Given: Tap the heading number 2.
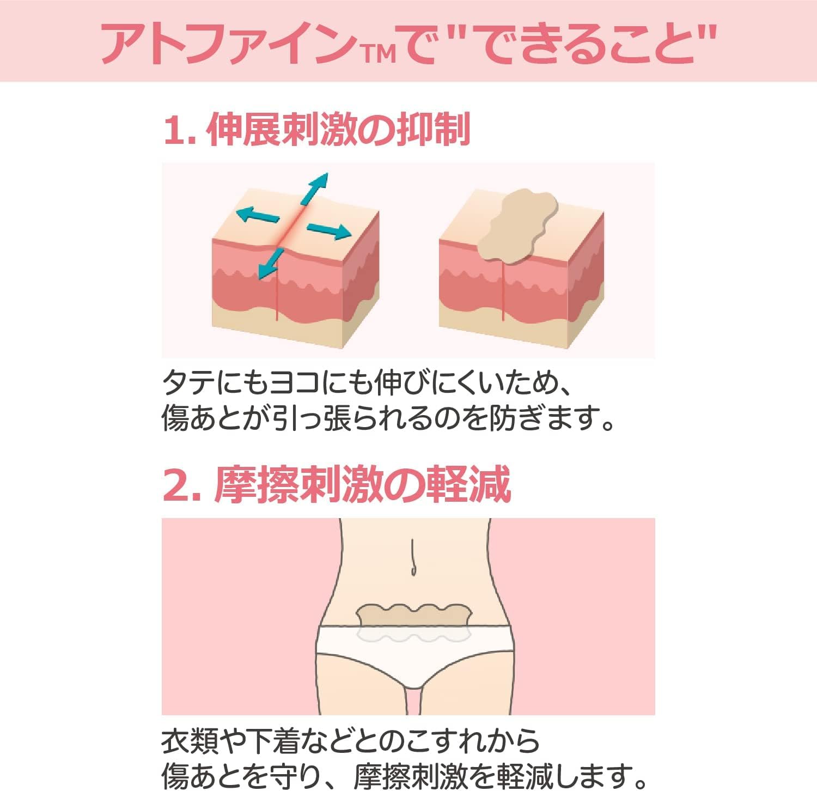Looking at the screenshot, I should click(x=176, y=485).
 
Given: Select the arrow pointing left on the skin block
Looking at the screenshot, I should click(x=257, y=216).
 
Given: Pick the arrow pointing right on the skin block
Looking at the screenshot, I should click(x=329, y=231).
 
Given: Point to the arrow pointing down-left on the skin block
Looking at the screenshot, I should click(x=271, y=264).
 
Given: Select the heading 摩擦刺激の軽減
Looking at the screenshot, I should click(x=363, y=485).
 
